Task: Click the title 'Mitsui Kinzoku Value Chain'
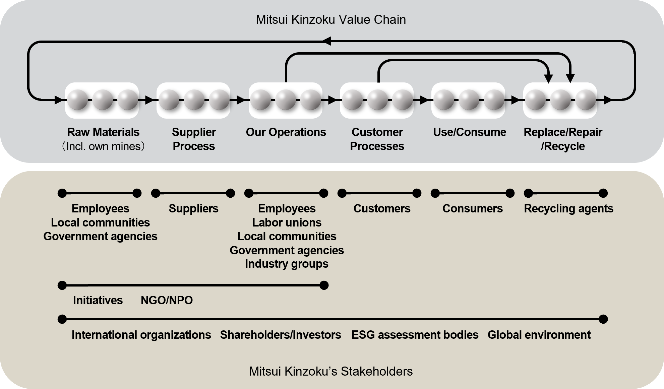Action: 330,20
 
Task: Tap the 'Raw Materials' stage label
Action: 103,132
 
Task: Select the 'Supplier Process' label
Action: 194,139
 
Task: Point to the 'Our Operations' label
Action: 286,132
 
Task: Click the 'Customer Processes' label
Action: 377,139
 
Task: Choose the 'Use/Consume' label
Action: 470,132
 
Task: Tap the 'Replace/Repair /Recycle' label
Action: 563,139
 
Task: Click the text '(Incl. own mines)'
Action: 103,146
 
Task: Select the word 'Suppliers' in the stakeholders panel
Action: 193,208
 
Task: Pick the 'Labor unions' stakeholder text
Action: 287,222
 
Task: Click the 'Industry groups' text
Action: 287,264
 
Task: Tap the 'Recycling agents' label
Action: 568,208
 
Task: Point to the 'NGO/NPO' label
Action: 167,300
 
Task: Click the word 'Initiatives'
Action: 98,300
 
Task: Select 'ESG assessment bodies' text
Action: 415,335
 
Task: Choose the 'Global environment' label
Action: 539,335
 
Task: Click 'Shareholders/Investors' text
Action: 280,335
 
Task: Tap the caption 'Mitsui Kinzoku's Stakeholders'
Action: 330,371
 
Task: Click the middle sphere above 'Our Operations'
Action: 286,100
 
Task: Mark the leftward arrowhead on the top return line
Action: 327,41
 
